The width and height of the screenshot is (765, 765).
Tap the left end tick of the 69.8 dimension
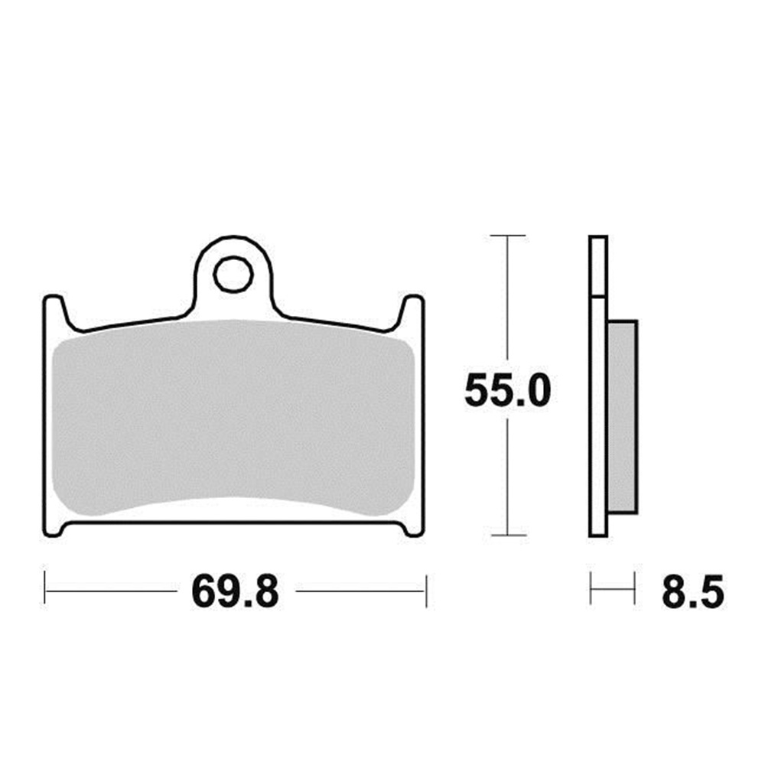pyautogui.click(x=45, y=591)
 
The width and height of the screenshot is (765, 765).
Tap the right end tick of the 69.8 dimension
pyautogui.click(x=425, y=591)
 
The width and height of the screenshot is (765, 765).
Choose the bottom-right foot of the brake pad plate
pyautogui.click(x=412, y=528)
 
